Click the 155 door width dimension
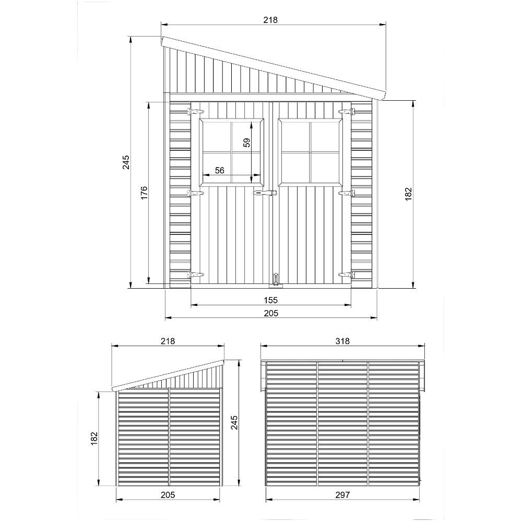(270, 300)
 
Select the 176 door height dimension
(145, 193)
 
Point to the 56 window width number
(219, 170)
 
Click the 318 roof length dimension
(342, 341)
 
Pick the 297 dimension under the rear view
(342, 494)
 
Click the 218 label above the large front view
(270, 20)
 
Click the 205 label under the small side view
(168, 494)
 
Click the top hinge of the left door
(196, 112)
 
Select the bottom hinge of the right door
(346, 274)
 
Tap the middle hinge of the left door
(196, 193)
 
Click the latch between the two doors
(264, 194)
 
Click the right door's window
(311, 151)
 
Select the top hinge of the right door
(346, 112)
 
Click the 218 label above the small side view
(168, 341)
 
